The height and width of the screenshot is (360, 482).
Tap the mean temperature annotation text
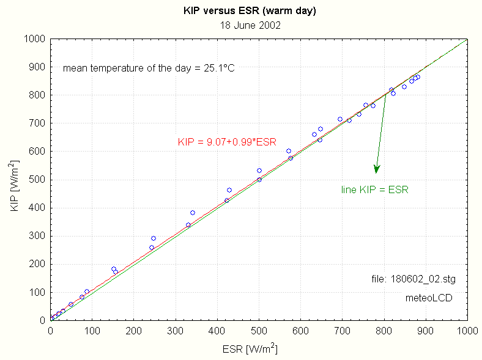click(x=149, y=68)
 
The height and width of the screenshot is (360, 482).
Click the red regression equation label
click(x=227, y=142)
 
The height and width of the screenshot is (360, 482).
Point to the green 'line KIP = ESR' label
click(x=374, y=190)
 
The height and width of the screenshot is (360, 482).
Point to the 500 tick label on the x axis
click(x=259, y=331)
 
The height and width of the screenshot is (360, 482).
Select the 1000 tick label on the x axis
click(x=467, y=331)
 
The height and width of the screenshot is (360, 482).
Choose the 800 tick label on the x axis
click(x=384, y=331)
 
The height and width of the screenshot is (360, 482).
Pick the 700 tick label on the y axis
click(x=39, y=123)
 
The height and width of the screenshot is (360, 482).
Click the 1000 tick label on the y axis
click(x=36, y=39)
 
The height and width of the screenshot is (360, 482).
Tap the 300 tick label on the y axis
click(x=39, y=236)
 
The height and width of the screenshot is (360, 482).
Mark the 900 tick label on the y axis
click(x=39, y=67)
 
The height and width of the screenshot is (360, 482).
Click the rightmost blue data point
click(x=418, y=77)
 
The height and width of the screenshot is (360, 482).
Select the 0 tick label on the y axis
click(x=43, y=320)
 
